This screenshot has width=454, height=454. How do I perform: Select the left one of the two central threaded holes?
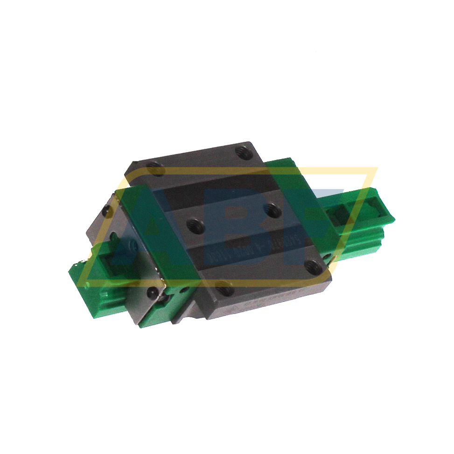click(194, 226)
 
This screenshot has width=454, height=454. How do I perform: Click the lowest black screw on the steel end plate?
click(153, 293)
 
